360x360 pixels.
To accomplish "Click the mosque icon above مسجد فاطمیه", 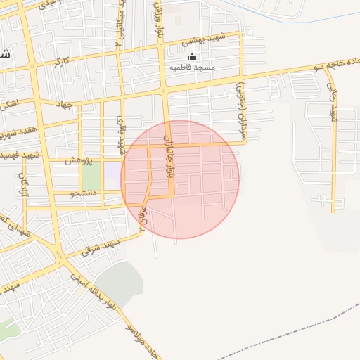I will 193,57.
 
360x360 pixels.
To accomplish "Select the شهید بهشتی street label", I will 202,41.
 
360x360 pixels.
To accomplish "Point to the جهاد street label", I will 65,105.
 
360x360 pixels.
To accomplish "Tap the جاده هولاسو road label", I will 144,340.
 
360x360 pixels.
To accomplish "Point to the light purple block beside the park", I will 112,172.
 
